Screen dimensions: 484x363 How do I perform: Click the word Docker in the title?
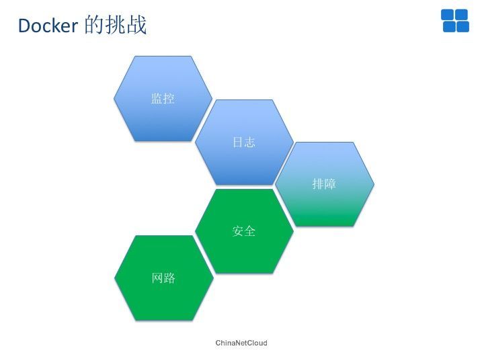point(48,26)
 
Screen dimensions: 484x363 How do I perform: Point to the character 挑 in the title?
point(115,25)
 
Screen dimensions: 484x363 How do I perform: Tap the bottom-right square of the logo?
point(462,26)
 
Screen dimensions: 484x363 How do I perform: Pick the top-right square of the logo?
point(462,15)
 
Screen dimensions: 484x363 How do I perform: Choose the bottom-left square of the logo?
point(449,26)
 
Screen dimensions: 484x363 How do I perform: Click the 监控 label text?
point(163,98)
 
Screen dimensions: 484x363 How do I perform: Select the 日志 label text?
point(244,143)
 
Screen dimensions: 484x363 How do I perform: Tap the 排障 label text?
point(324,184)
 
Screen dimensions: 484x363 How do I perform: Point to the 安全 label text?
point(244,231)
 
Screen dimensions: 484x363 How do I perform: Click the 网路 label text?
point(163,278)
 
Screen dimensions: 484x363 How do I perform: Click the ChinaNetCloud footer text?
point(241,343)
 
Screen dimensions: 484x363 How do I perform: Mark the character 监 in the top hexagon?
point(157,98)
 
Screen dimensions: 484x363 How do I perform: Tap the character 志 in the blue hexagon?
point(250,143)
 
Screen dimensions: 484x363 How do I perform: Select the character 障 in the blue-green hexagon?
point(330,184)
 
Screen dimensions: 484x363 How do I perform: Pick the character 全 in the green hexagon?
point(250,231)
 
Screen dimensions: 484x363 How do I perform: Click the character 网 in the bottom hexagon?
point(157,278)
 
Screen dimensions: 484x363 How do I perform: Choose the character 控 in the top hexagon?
point(169,98)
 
